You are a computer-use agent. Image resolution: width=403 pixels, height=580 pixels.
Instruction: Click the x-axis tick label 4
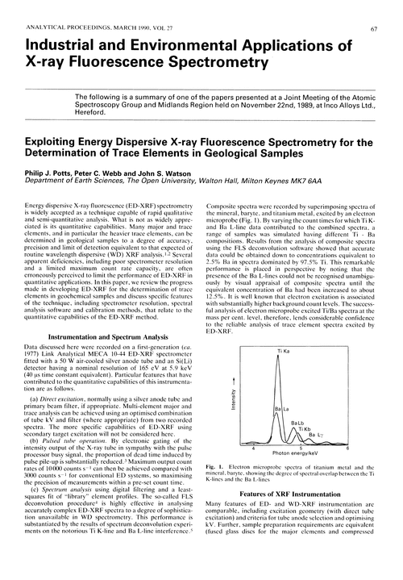click(x=254, y=449)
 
